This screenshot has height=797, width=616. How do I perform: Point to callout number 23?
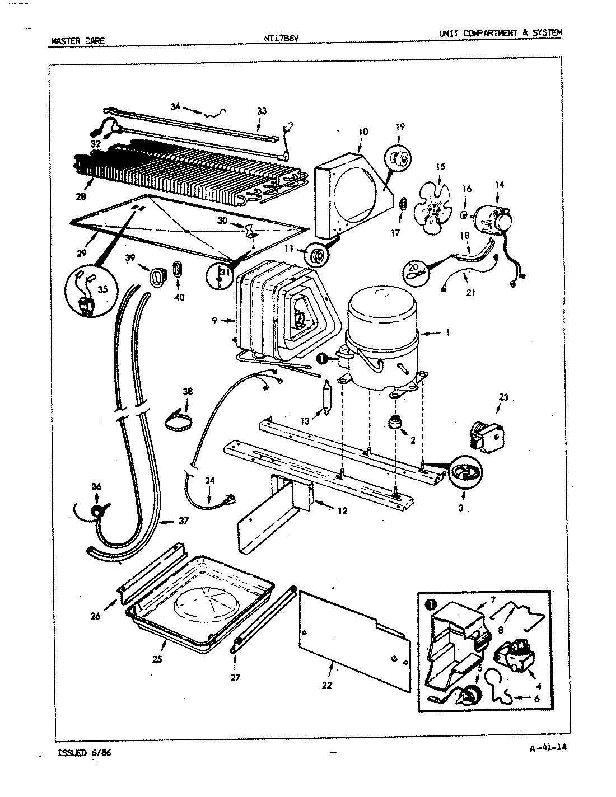tap(504, 397)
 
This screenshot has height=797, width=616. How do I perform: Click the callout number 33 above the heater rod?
tap(262, 111)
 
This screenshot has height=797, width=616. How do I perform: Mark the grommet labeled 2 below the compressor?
tap(395, 423)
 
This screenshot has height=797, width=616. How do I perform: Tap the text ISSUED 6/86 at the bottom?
tap(85, 753)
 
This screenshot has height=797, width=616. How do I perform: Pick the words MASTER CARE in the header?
tap(77, 41)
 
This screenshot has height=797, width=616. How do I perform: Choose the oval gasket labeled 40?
tap(178, 269)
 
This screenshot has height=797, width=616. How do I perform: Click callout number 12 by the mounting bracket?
tap(342, 510)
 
